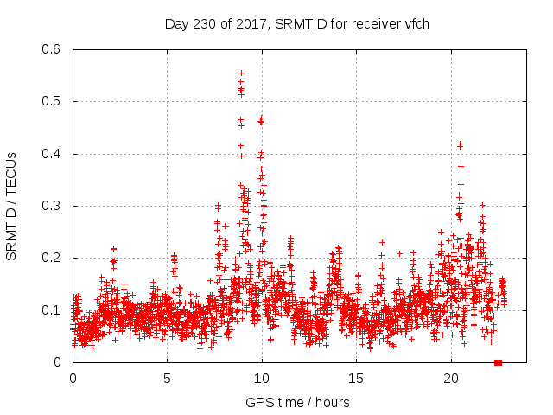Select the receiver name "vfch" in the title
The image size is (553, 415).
[416, 23]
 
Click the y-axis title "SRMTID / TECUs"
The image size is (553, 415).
[11, 206]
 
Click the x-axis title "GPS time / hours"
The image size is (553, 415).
[297, 402]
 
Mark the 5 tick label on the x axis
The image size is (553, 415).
[167, 379]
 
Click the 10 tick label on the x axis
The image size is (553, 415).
[262, 379]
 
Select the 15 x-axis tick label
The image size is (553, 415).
[357, 379]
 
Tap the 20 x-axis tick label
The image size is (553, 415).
[451, 379]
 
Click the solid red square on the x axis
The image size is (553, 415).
[498, 362]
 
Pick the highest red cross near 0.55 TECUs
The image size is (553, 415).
[241, 73]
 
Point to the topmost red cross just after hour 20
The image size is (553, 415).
[460, 144]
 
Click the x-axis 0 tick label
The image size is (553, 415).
[73, 379]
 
